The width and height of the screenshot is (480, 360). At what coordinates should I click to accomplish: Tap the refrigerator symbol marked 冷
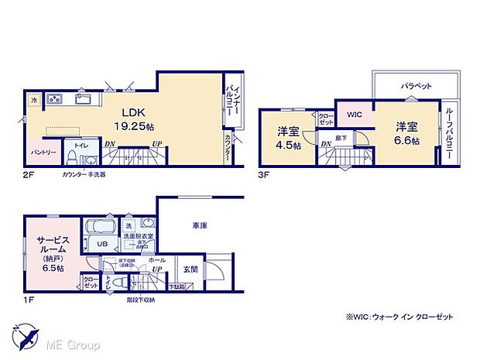[x=34, y=100]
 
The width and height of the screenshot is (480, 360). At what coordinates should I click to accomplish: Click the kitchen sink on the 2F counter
[x=84, y=99]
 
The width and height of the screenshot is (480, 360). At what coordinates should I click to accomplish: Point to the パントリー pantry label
[x=43, y=153]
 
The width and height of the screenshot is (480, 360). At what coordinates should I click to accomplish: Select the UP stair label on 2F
[x=158, y=144]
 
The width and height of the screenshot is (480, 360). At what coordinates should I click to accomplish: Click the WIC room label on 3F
[x=354, y=115]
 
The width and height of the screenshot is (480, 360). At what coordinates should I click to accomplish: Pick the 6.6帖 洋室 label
[x=408, y=132]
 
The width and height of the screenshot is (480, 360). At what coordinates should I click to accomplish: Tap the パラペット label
[x=416, y=86]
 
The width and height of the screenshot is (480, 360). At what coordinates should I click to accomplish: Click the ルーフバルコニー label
[x=448, y=131]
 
